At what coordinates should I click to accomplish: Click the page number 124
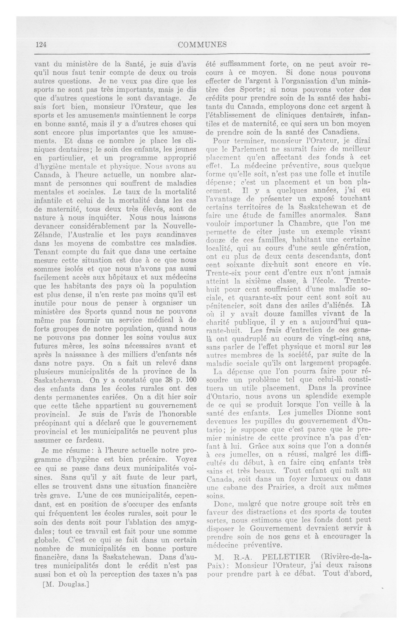[x=41, y=45]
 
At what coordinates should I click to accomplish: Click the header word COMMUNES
[x=202, y=45]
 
